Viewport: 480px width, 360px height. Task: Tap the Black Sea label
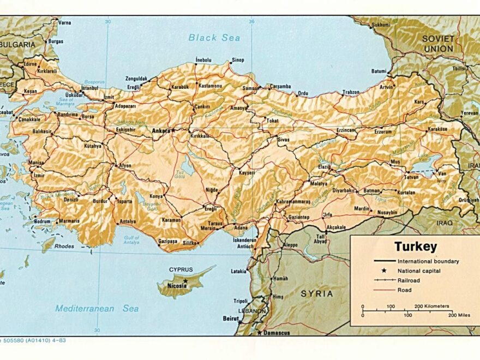214,38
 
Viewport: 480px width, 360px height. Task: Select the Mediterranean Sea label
97,308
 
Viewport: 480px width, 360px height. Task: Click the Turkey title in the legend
416,247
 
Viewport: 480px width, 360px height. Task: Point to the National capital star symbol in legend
384,271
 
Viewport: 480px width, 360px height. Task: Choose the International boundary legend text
428,261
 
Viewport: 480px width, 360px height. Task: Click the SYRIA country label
317,293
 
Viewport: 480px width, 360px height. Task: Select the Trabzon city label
351,92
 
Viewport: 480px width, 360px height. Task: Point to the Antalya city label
127,221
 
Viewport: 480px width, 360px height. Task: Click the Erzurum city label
383,131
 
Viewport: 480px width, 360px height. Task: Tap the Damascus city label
276,333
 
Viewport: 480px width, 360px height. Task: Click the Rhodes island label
64,246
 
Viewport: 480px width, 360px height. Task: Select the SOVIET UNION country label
438,44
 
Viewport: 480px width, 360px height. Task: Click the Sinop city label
238,60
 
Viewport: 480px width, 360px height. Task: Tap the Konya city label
157,196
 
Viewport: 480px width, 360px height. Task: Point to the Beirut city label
231,317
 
